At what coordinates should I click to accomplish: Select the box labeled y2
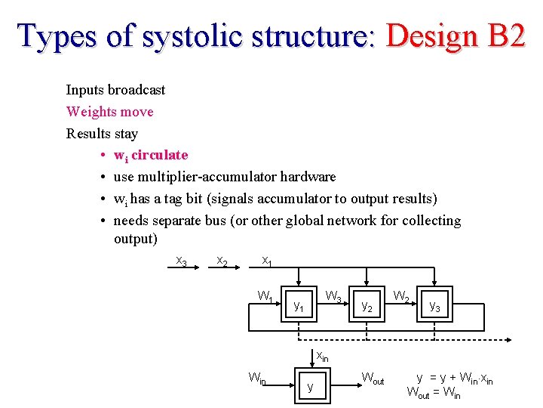coord(367,306)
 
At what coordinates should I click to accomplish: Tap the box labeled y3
coord(435,306)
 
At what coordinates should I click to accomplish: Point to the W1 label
coord(265,295)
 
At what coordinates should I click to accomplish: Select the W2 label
coord(401,295)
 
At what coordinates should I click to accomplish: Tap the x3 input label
coord(181,261)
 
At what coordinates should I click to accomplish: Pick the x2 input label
coord(222,261)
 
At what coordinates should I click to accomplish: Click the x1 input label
coord(266,261)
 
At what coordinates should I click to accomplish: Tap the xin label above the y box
coord(322,356)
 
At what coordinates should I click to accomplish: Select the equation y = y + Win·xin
coord(455,378)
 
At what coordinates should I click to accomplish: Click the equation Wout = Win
coord(433,392)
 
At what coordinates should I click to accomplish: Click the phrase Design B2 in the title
coord(455,36)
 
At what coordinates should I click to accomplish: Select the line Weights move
coord(109,112)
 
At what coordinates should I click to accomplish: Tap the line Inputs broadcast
coord(115,90)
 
